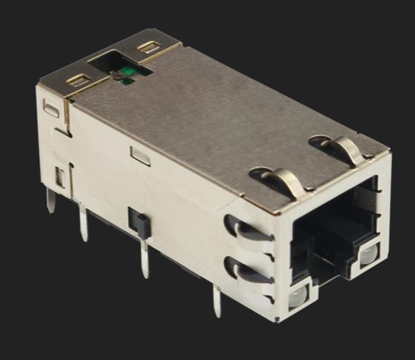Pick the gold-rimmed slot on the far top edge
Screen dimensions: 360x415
(148, 49)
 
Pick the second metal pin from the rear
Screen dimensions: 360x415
(83, 222)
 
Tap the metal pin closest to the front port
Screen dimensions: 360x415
(216, 300)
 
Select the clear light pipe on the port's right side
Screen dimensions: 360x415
(368, 255)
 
